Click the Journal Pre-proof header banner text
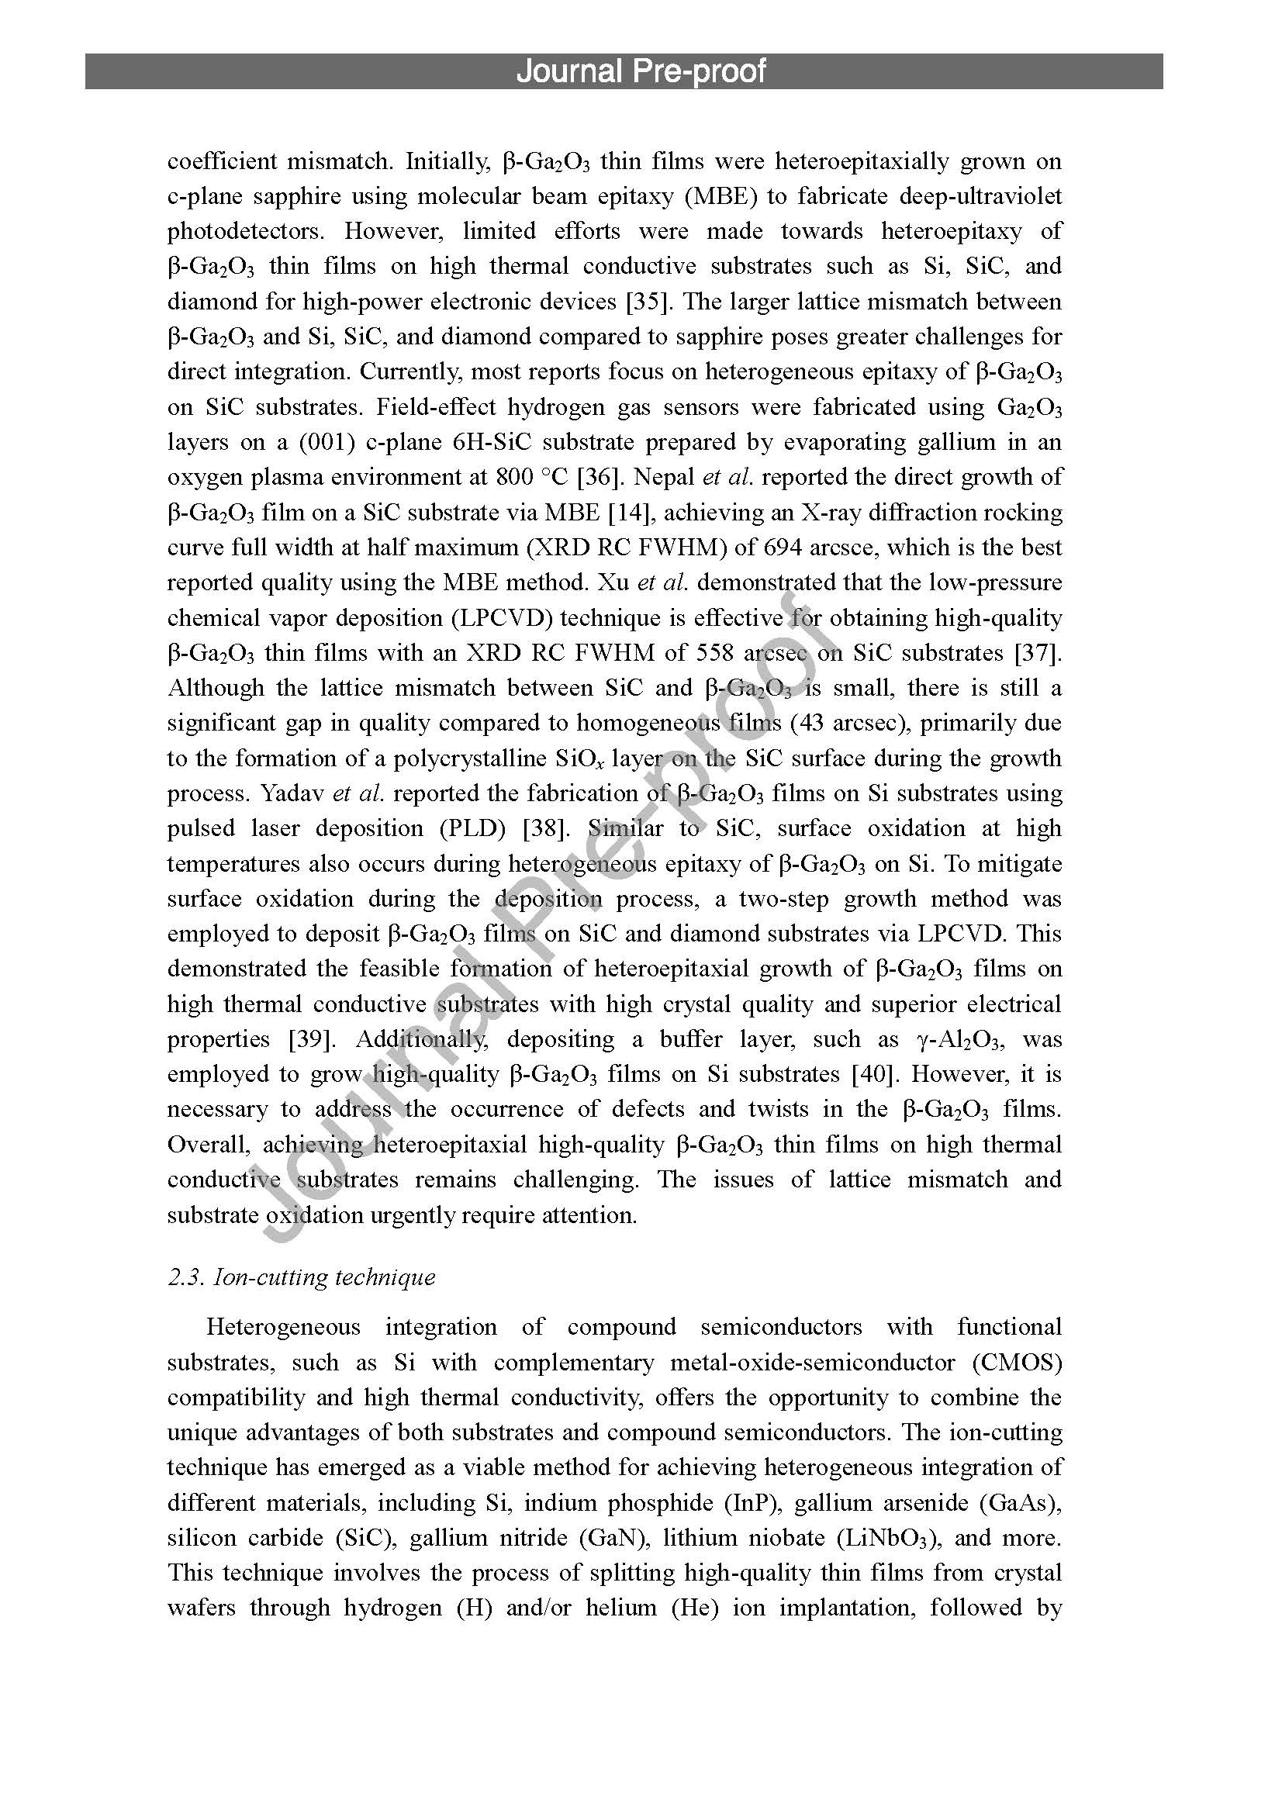click(641, 71)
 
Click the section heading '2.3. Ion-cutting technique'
click(301, 1277)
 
